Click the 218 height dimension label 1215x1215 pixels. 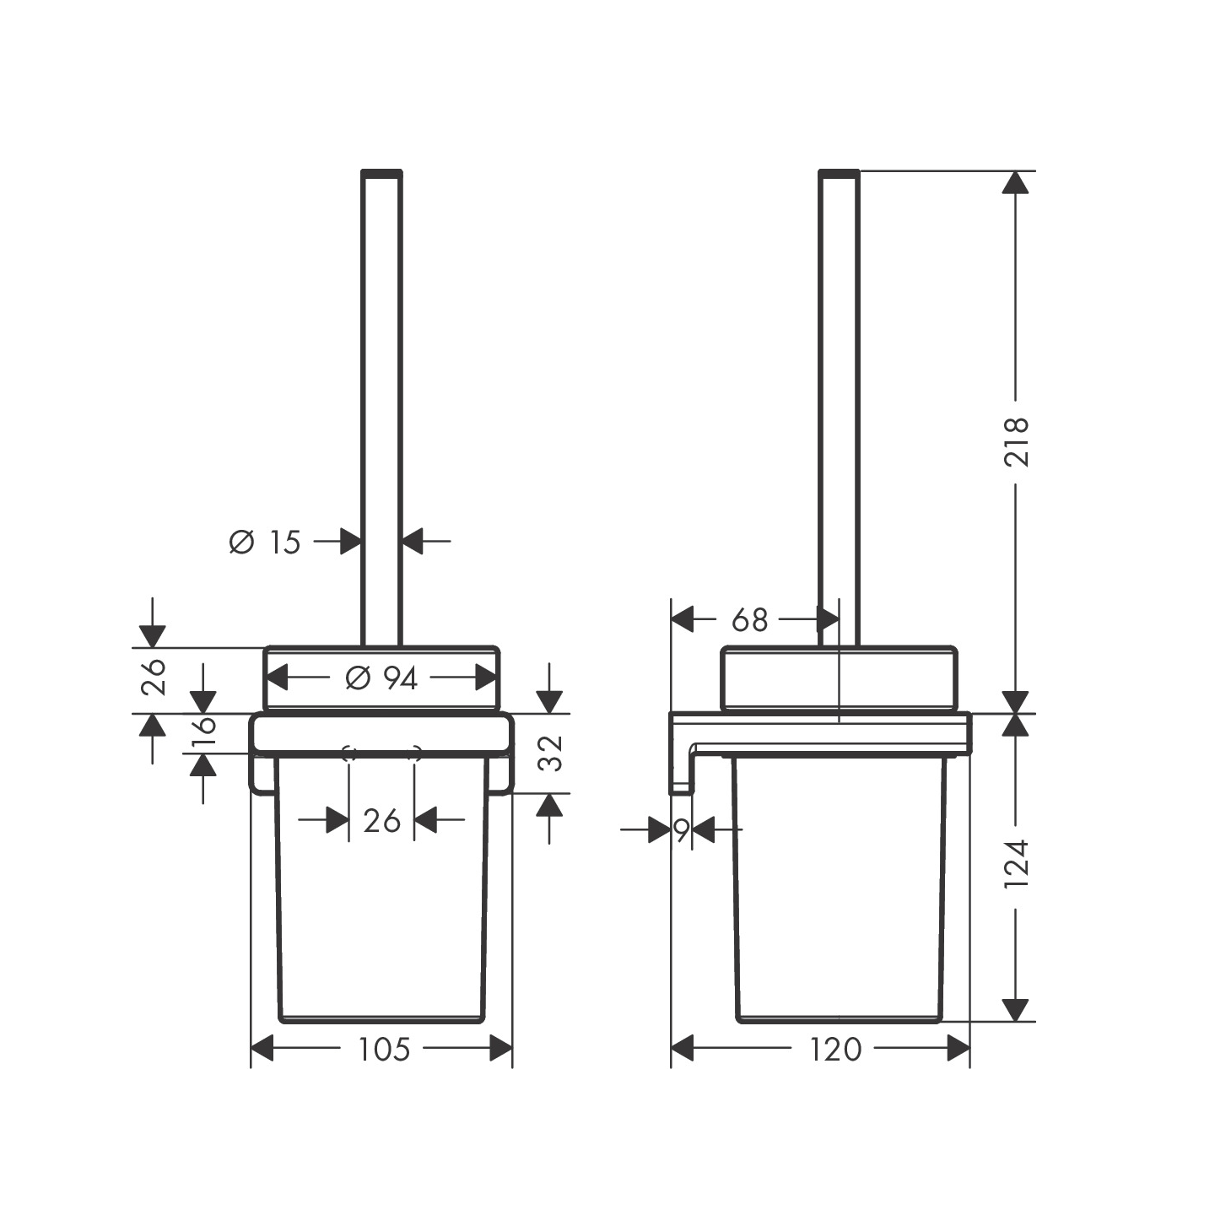tap(1018, 441)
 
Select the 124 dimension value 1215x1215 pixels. tap(1018, 862)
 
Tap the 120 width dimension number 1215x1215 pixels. tap(835, 1050)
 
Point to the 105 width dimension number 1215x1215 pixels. tap(384, 1050)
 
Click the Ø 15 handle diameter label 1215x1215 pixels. tap(265, 542)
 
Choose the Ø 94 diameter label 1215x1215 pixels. tap(381, 678)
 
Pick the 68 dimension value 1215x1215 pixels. tap(749, 620)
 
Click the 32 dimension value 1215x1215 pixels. tap(550, 753)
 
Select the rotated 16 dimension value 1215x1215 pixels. tap(204, 733)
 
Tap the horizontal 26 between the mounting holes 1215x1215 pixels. tap(381, 820)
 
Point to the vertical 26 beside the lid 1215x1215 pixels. tap(154, 678)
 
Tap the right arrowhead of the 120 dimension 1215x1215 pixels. tap(958, 1049)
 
